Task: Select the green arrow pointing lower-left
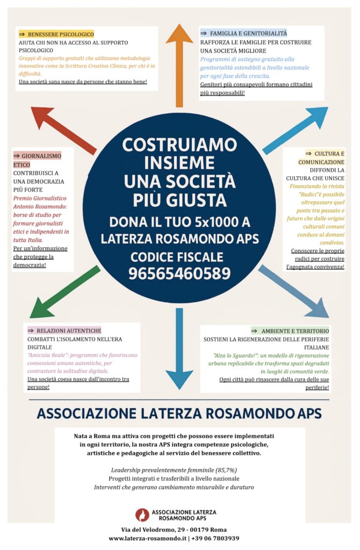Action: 63,293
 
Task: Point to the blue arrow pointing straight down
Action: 179,349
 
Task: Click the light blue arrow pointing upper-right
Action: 297,129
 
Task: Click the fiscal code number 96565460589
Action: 179,273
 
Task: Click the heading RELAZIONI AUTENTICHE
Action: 68,330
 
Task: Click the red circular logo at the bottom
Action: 142,515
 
